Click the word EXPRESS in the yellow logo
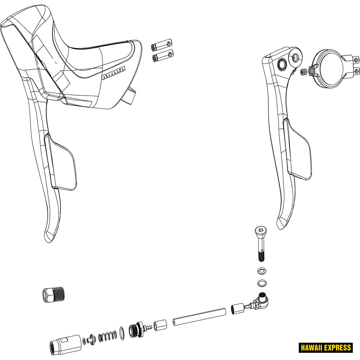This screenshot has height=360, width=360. (337, 347)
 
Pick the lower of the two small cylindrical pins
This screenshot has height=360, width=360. (163, 56)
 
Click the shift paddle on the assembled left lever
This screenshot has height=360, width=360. (61, 162)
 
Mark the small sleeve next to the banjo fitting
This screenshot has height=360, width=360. (237, 308)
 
